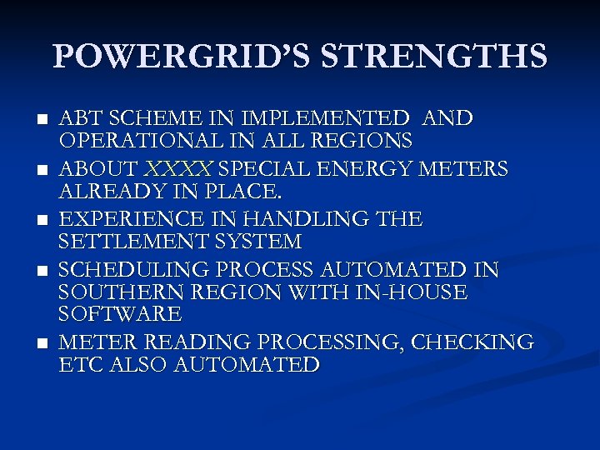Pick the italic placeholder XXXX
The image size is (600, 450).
pyautogui.click(x=177, y=169)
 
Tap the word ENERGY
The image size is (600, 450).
pyautogui.click(x=356, y=169)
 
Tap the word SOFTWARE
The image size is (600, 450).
pyautogui.click(x=120, y=314)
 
